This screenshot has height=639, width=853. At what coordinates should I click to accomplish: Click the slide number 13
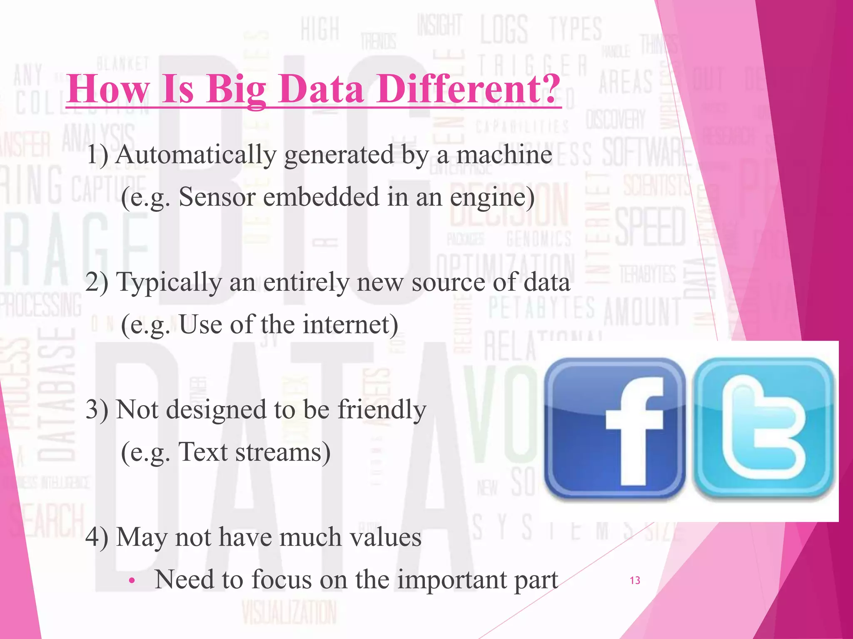click(635, 580)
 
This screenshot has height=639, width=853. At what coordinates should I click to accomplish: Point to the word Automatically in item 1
click(196, 155)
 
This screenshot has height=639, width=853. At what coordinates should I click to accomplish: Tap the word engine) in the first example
click(492, 198)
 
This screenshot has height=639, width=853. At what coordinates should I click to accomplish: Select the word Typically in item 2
click(169, 283)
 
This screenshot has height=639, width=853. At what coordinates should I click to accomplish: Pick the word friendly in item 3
click(382, 410)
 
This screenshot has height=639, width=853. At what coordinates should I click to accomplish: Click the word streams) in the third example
click(283, 452)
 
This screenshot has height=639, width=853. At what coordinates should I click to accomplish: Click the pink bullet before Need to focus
click(132, 581)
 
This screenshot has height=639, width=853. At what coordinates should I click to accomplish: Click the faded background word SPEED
click(650, 227)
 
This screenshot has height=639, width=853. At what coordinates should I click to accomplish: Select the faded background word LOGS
click(504, 29)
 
